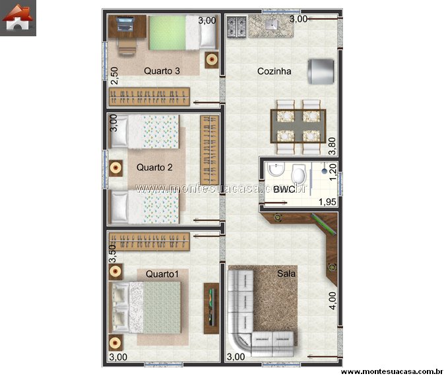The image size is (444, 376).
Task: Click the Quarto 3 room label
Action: coord(162,71)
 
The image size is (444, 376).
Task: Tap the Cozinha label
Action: coord(274,71)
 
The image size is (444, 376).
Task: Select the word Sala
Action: coord(286,274)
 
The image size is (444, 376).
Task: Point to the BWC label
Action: coord(284,189)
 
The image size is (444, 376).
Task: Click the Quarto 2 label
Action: coord(154,168)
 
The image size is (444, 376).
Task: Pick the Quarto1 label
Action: coord(162,274)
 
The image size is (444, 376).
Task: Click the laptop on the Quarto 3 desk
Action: coord(125,24)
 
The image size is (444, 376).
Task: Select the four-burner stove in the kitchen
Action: coord(236,26)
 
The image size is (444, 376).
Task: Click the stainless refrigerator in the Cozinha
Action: coord(321,71)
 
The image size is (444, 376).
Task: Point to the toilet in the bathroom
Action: coord(299,173)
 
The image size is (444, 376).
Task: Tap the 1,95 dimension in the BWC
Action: coord(327,202)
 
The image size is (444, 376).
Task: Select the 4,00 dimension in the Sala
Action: coord(333,301)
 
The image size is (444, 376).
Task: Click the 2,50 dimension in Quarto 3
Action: coord(114,76)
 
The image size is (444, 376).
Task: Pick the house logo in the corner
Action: coord(18,18)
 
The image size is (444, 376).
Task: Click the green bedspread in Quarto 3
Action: coord(168,32)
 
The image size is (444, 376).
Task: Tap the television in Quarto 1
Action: coord(211,308)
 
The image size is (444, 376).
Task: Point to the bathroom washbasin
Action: coord(276,170)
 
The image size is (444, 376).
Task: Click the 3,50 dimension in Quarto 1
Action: coord(112,254)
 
